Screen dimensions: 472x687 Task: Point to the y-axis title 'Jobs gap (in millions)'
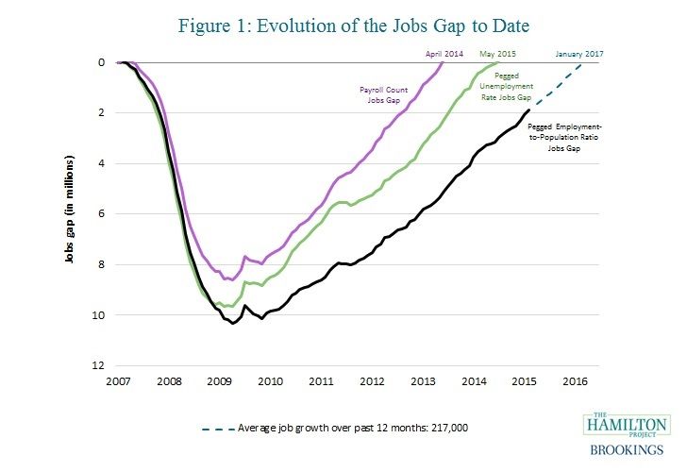[70, 212]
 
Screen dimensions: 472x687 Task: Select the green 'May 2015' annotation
[501, 53]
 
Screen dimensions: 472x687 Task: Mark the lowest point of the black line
[232, 324]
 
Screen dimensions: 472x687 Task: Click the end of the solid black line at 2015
[528, 111]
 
